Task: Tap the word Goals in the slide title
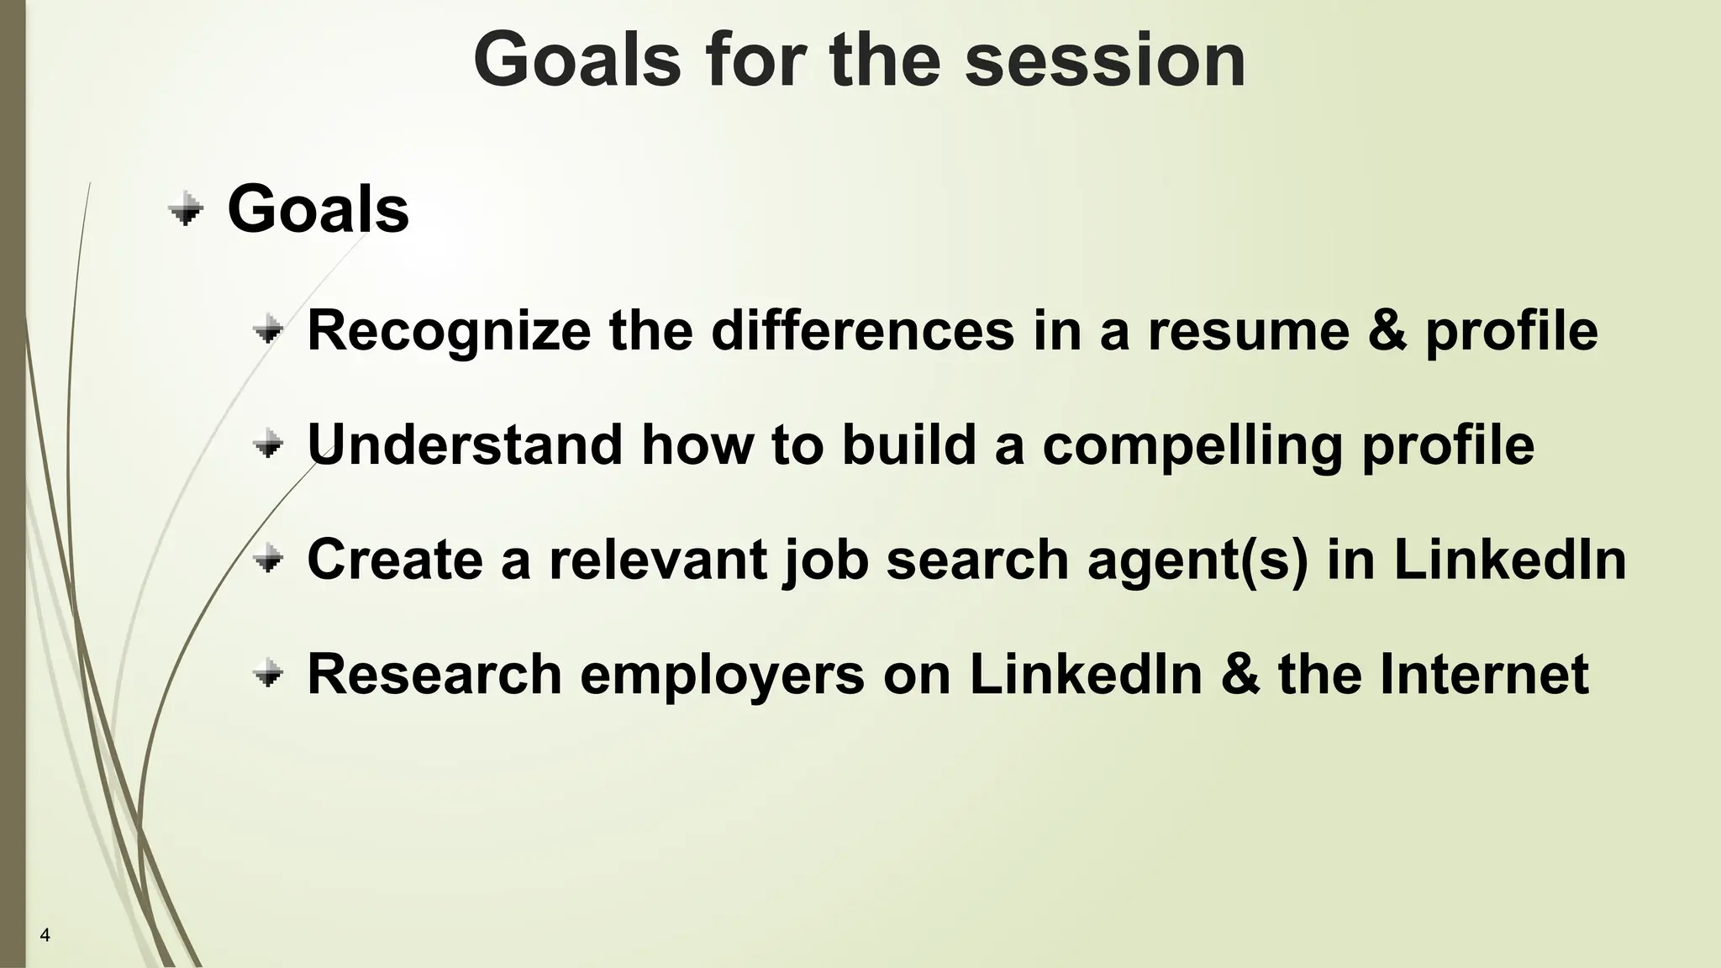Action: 576,60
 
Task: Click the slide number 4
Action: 45,935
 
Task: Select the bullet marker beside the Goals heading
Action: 186,209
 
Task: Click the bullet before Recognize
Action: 268,330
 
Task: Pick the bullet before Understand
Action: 268,445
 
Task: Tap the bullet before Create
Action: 268,559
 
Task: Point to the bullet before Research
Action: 268,674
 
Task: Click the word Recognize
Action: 449,330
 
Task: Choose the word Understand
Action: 465,445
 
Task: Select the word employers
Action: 722,674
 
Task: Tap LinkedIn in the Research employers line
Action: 1086,674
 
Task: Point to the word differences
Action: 863,330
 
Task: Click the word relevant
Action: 657,559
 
